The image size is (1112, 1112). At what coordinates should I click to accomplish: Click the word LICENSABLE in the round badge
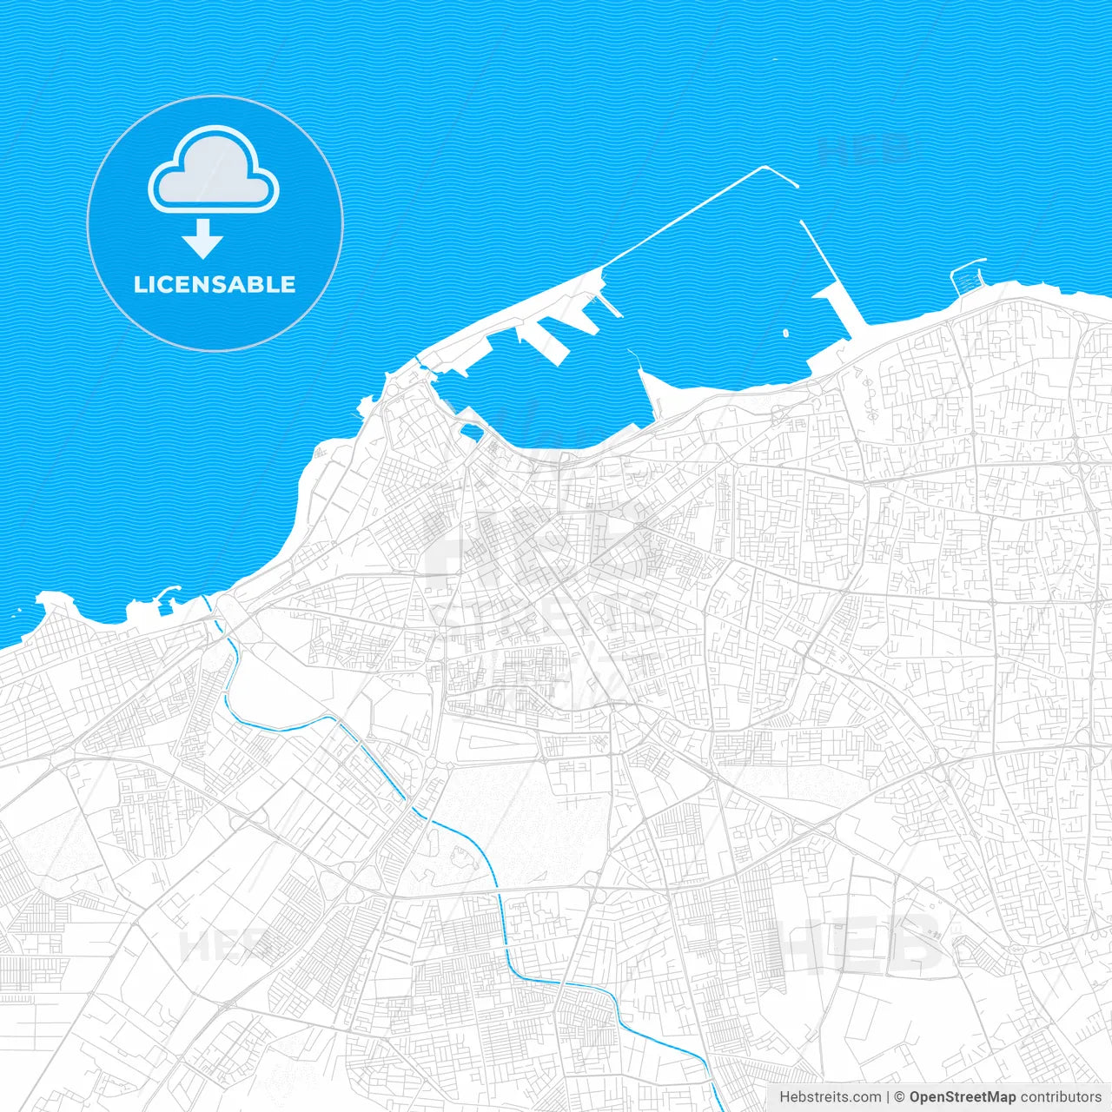click(x=215, y=284)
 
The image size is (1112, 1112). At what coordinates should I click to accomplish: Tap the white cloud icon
click(x=214, y=171)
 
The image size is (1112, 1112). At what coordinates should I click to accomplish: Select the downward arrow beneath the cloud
click(x=203, y=239)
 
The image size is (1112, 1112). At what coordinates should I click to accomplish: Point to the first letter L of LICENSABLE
click(x=139, y=284)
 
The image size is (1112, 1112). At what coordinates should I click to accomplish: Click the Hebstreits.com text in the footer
click(x=830, y=1097)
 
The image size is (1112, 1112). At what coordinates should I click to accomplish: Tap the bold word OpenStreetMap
click(x=962, y=1097)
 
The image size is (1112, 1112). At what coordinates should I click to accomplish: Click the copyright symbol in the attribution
click(x=899, y=1097)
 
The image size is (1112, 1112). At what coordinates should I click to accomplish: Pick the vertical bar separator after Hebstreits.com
click(x=888, y=1097)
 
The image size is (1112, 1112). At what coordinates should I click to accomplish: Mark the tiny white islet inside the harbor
click(x=785, y=332)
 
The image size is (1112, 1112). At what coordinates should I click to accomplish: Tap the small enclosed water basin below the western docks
click(x=473, y=432)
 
